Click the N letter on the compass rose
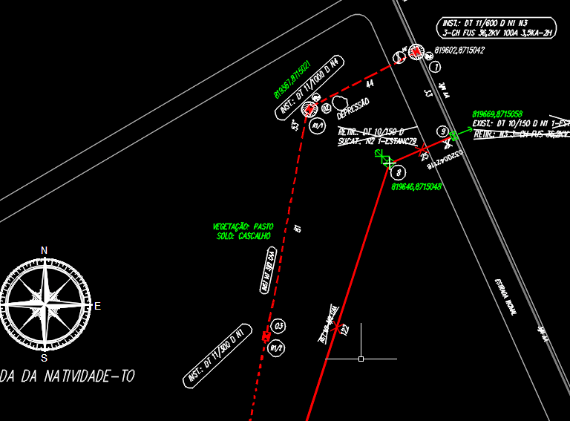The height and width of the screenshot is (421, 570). [44, 250]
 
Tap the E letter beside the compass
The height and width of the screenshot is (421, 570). [97, 306]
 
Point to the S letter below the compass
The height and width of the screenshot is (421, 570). [44, 358]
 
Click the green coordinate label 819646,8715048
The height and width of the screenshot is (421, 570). [416, 187]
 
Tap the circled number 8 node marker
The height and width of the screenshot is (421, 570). [399, 172]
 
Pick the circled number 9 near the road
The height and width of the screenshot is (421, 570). [442, 131]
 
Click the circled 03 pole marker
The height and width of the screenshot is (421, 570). [278, 326]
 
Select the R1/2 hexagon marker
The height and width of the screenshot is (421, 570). [277, 347]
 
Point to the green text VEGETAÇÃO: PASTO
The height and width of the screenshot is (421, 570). [243, 226]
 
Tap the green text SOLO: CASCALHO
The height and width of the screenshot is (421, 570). [243, 236]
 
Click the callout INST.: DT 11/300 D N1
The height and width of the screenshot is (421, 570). [215, 356]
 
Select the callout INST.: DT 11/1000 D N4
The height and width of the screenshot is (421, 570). [310, 87]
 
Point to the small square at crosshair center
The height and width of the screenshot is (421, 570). [361, 359]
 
